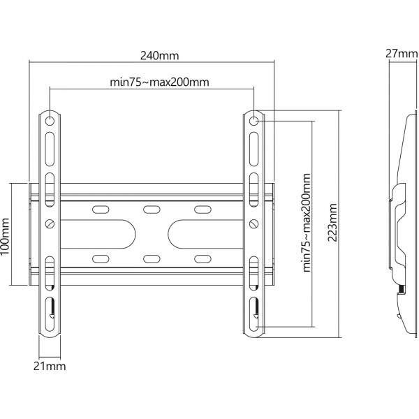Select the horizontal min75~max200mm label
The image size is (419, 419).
coord(160,82)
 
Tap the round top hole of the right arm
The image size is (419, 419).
coord(255,121)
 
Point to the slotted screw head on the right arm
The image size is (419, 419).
coord(254,223)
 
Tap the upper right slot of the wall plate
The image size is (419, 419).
coord(203,209)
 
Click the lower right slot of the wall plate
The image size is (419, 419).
coord(203,259)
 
